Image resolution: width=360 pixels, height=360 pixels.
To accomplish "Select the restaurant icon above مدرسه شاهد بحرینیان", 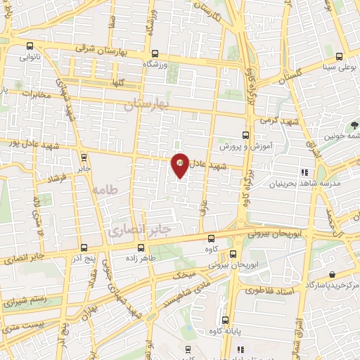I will (x=304, y=172).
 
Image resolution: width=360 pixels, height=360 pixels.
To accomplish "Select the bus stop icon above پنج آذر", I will (x=84, y=247).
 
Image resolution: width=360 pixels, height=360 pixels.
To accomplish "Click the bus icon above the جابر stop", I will (x=84, y=157).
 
